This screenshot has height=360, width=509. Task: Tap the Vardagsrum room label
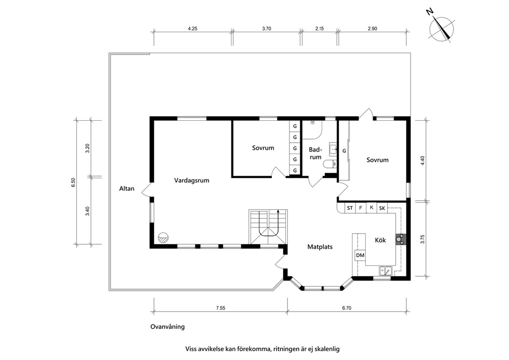[191, 180]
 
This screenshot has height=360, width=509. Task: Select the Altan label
[127, 188]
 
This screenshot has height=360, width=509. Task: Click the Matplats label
[320, 247]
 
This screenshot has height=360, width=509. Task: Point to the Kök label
[380, 240]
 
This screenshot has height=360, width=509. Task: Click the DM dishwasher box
[360, 255]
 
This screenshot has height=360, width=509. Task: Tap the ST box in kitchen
[349, 208]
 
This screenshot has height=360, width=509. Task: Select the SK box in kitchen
[382, 209]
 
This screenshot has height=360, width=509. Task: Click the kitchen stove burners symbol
[400, 239]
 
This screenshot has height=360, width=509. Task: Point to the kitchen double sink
[386, 270]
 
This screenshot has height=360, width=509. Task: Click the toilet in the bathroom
[330, 164]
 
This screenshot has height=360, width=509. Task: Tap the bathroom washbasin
[333, 148]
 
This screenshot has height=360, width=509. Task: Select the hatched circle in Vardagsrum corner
[163, 237]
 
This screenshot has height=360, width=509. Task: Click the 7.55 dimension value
[221, 308]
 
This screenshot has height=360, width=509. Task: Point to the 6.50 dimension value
[73, 182]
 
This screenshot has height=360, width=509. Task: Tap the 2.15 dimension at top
[320, 29]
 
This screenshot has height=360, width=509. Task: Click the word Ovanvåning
[167, 327]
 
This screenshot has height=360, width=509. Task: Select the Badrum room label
[315, 154]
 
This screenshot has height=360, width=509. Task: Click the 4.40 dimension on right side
[422, 161]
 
